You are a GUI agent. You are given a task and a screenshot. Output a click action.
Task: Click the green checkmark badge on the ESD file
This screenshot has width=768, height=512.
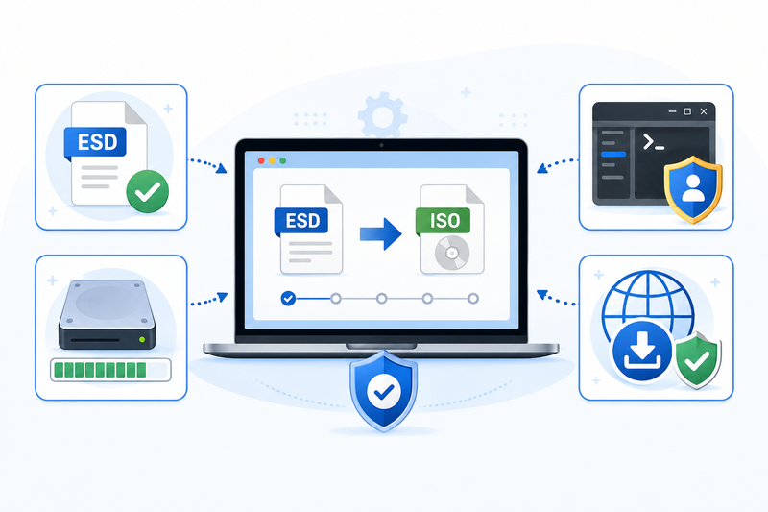tap(148, 191)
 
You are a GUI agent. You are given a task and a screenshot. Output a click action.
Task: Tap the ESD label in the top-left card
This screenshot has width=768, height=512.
tap(95, 142)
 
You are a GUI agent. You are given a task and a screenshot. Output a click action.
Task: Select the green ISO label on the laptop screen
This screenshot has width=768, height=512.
tap(443, 221)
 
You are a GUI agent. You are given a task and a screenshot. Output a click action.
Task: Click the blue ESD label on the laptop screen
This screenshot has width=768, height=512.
tap(301, 221)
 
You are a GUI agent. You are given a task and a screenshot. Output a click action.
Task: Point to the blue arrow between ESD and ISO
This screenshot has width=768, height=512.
tap(380, 233)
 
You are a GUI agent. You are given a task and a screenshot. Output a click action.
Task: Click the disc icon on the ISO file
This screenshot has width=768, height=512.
tap(452, 254)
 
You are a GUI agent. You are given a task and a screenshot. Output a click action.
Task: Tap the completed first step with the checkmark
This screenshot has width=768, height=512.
tap(288, 298)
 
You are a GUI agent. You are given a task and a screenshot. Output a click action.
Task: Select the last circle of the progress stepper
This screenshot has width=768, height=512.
tap(473, 299)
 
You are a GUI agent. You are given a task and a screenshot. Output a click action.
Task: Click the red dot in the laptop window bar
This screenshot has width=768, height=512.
tap(261, 160)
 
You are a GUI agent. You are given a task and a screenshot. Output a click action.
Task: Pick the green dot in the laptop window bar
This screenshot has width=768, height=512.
tap(282, 160)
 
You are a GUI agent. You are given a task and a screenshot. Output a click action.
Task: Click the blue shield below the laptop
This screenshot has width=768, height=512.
tap(383, 391)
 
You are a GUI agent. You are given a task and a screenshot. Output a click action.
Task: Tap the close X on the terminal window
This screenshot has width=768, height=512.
tap(704, 111)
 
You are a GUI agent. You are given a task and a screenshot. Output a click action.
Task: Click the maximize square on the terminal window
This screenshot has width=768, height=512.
tap(687, 111)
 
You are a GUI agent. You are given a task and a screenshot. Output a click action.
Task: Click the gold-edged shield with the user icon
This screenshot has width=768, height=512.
tap(692, 189)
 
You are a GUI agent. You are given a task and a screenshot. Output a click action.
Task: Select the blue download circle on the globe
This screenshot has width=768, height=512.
tap(642, 352)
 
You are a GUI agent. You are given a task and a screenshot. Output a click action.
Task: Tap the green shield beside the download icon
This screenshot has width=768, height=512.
tap(697, 359)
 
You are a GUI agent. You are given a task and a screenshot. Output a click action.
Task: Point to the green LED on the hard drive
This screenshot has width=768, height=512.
tap(142, 339)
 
